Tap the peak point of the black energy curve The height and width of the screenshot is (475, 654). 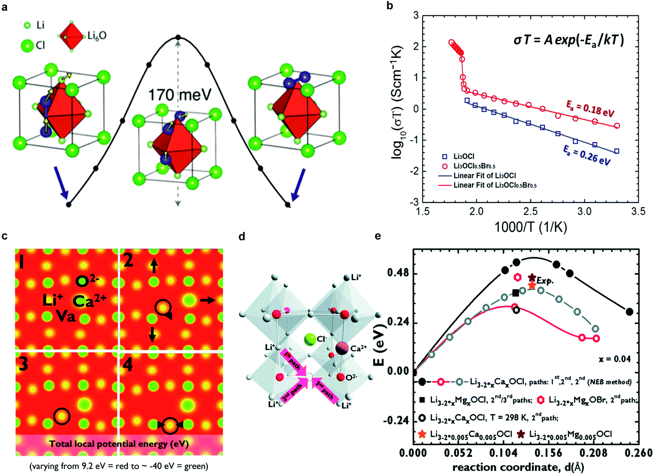point(178,37)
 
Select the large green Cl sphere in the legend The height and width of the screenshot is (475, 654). point(27,46)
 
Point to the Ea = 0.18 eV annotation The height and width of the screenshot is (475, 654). point(590,108)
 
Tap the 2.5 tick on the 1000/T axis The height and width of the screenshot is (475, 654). point(530,212)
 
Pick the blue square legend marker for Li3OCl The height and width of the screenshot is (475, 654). point(444,156)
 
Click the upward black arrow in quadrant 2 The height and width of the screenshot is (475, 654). point(154,266)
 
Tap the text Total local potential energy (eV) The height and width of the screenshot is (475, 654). point(119,444)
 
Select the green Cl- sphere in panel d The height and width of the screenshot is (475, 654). point(310,339)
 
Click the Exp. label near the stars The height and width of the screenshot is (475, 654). point(545,281)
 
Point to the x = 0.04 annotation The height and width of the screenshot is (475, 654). point(614,359)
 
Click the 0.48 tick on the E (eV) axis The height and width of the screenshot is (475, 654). point(398,273)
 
